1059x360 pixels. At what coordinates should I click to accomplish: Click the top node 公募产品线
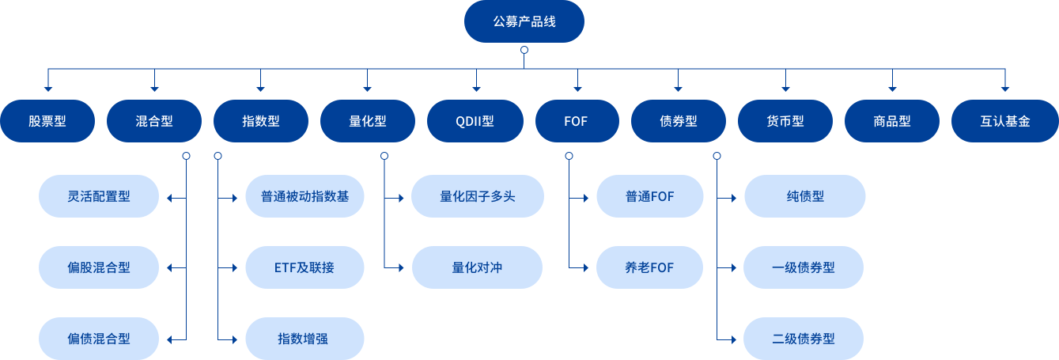point(524,21)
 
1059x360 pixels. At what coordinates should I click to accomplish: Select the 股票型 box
point(47,121)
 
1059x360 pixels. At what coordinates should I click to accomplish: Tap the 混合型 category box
point(154,121)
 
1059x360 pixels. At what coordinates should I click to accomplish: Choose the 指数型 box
point(261,121)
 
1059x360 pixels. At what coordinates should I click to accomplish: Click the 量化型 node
point(368,121)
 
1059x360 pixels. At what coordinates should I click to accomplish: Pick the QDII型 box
point(475,121)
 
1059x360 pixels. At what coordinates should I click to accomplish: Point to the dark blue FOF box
point(577,121)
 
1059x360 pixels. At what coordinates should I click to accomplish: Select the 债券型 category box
point(679,121)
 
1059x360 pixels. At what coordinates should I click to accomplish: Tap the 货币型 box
point(785,121)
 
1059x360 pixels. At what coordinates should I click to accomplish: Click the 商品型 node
point(892,121)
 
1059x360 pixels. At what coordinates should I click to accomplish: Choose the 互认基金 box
point(1004,121)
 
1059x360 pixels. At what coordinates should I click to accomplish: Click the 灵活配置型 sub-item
point(99,196)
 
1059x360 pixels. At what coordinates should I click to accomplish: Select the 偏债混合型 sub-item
point(99,339)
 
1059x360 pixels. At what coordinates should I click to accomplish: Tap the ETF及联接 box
point(304,267)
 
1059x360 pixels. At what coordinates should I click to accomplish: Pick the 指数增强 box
point(304,339)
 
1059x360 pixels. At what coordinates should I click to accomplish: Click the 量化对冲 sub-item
point(477,267)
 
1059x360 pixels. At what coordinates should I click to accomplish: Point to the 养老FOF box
point(649,267)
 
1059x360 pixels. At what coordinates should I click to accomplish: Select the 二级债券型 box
point(804,339)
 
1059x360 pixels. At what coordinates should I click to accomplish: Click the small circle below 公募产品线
point(524,50)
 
